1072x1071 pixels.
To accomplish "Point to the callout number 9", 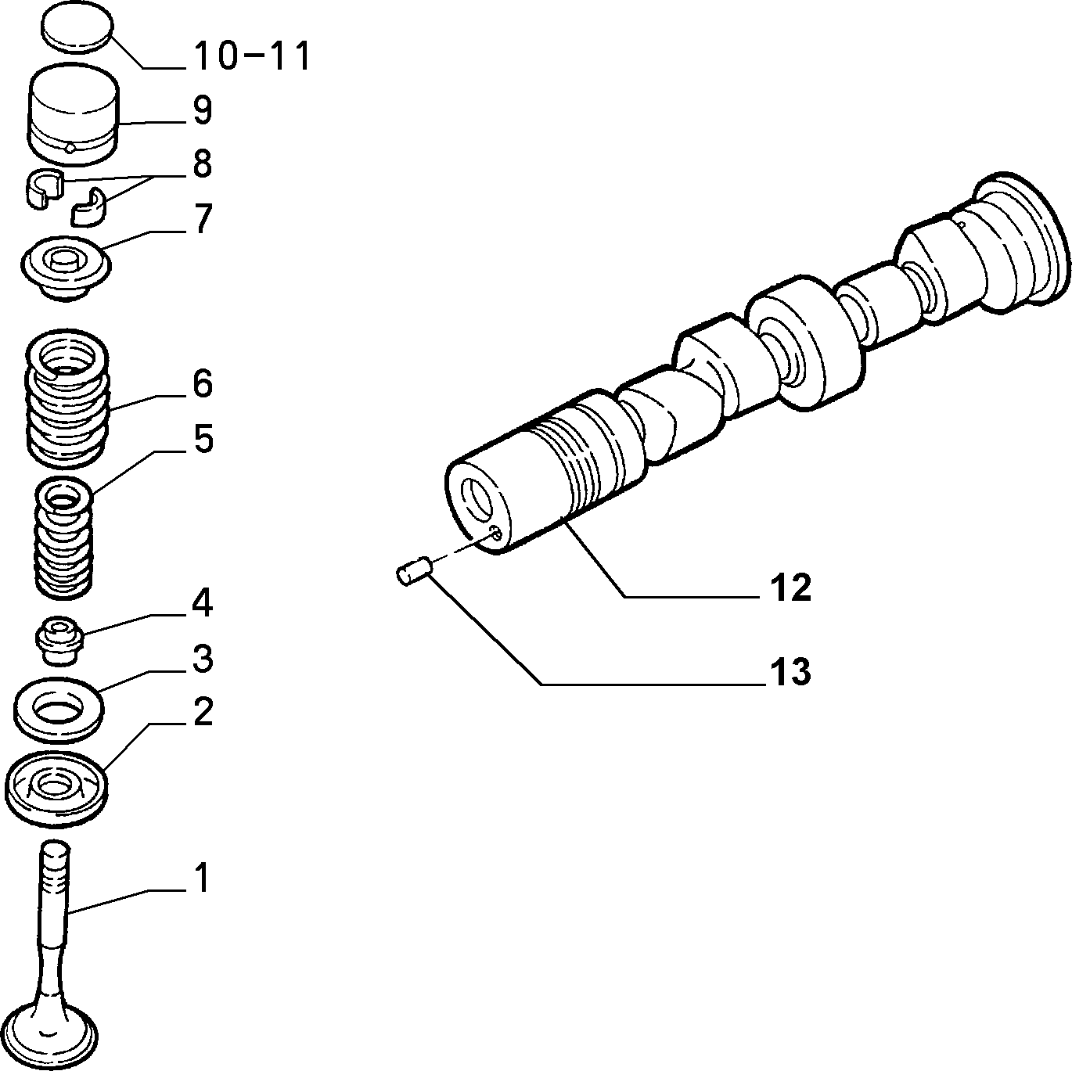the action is pos(203,110).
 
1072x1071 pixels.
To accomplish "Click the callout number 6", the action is pos(203,383).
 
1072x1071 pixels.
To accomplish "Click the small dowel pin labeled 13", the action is pos(414,571).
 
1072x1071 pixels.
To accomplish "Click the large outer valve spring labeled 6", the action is pos(67,398).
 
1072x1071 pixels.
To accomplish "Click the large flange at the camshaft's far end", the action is pos(1017,239).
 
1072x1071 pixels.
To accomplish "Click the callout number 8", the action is pos(202,164).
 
